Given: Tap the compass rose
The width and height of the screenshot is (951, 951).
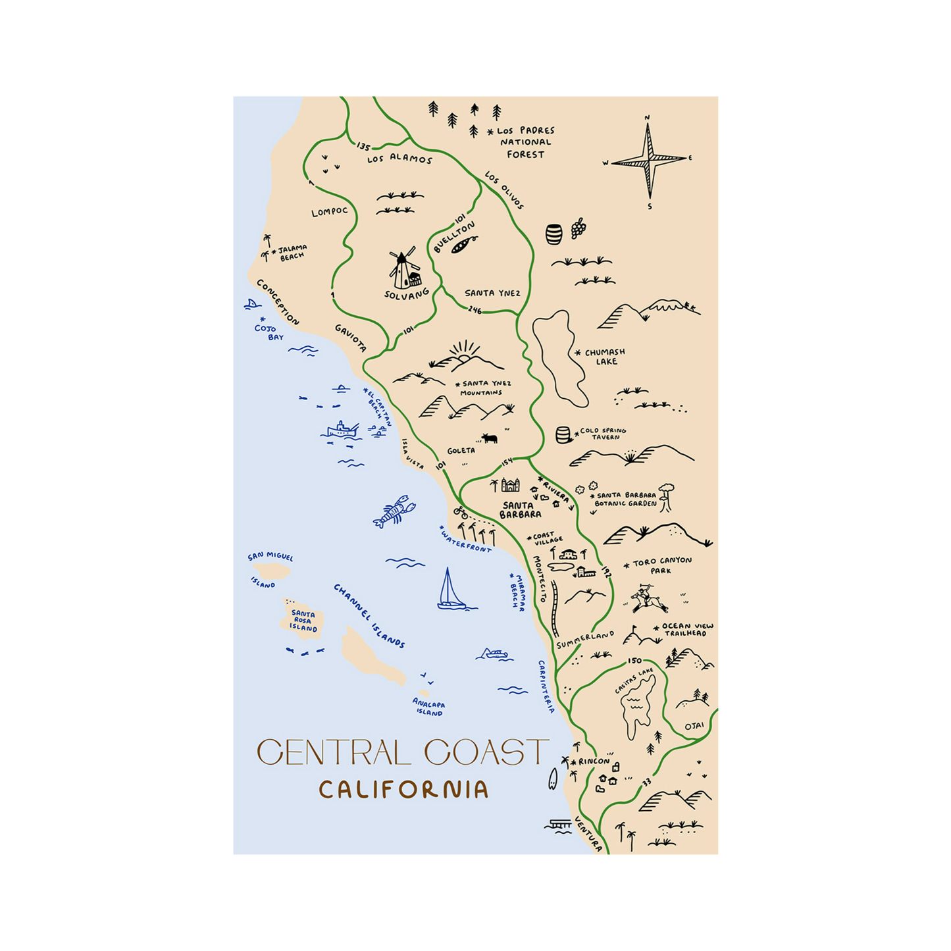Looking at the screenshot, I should (649, 161).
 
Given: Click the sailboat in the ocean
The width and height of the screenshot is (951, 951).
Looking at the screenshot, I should (451, 590).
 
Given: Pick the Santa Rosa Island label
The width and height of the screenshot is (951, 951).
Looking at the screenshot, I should (303, 621).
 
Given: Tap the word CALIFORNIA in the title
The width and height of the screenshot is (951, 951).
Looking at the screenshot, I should (403, 789).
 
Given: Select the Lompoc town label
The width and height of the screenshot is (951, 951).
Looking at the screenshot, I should (330, 211).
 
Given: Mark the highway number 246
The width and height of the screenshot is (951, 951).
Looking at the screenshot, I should (475, 310).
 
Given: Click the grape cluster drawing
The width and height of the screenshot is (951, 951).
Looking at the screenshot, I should (578, 228).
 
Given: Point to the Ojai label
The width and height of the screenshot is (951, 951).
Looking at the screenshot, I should (694, 726).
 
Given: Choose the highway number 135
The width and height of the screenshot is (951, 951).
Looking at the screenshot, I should (363, 146).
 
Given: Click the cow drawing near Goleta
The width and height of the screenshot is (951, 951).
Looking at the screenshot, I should (489, 438).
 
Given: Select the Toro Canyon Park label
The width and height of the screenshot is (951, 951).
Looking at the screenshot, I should (661, 565).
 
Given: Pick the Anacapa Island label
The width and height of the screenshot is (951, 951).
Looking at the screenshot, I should (428, 707).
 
